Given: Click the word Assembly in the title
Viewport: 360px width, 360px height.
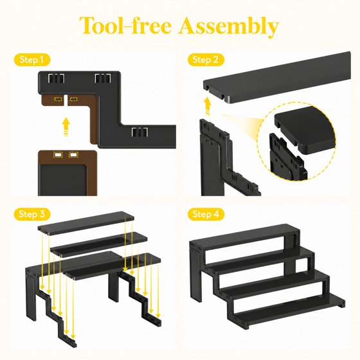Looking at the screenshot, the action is (x=229, y=26).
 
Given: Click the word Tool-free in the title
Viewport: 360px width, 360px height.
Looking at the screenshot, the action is (x=125, y=25).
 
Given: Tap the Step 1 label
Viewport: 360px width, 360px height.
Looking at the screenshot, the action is (x=32, y=60).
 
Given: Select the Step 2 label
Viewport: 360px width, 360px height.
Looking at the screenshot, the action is (x=206, y=60).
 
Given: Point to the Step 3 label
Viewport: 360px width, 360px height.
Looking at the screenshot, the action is (x=32, y=214).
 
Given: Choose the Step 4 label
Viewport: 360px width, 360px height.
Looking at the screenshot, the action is (x=206, y=214).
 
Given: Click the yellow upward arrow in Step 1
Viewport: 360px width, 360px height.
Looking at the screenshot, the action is (x=66, y=127).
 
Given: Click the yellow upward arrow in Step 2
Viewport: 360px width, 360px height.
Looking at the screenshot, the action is (x=208, y=106).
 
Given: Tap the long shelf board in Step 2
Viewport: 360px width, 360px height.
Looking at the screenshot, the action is (x=277, y=78).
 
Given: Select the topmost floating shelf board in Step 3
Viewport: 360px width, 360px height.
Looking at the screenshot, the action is (x=86, y=222).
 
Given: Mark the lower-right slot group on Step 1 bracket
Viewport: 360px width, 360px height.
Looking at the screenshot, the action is (x=139, y=132).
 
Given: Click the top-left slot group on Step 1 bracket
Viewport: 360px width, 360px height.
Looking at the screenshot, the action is (x=57, y=78).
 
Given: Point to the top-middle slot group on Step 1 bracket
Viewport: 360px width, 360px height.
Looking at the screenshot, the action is (x=103, y=78).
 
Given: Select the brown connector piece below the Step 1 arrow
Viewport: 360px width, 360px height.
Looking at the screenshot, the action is (x=67, y=174).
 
